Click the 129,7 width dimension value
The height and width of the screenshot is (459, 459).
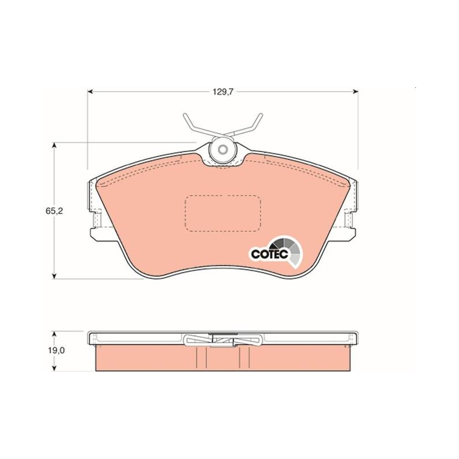(x=223, y=92)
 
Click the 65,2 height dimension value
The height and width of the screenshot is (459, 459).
(x=54, y=211)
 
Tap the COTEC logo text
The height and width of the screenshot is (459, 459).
(x=270, y=254)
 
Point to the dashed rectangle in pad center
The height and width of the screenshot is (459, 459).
(x=223, y=213)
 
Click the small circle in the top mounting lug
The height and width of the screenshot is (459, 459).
(x=223, y=150)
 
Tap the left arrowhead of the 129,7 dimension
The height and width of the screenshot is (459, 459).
(x=90, y=92)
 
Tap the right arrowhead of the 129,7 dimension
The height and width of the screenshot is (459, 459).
(x=356, y=92)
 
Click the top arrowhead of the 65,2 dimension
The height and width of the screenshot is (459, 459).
(x=54, y=146)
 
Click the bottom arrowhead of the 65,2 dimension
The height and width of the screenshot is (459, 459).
(x=54, y=276)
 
